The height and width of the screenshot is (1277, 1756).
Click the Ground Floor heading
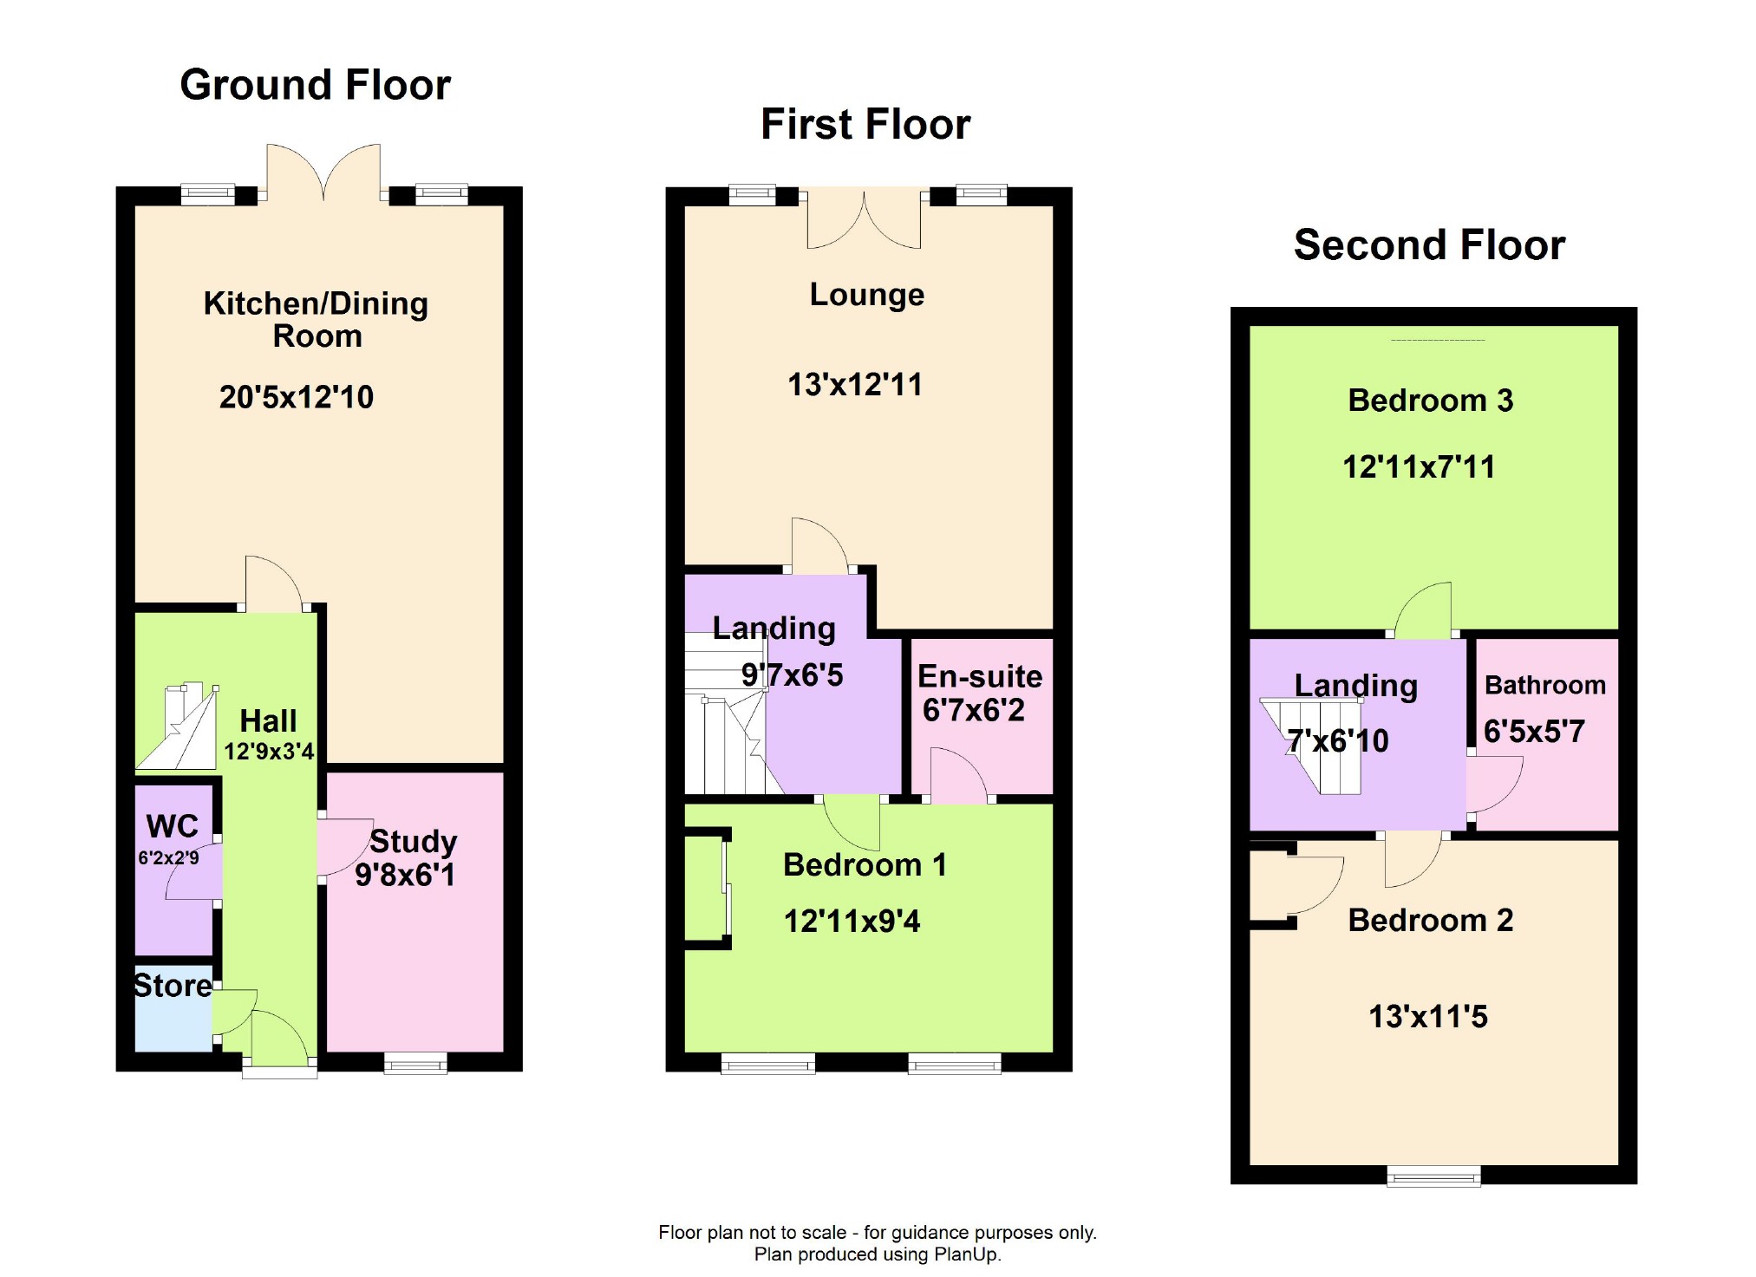[x=315, y=85]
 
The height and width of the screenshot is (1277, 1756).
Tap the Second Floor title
[x=1429, y=245]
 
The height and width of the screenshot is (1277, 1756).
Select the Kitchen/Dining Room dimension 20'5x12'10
[x=296, y=397]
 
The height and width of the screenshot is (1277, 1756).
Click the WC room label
[x=172, y=826]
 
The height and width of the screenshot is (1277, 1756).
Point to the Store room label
[x=173, y=986]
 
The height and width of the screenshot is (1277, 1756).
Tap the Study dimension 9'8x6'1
[x=405, y=875]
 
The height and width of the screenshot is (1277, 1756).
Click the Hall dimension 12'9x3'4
[x=269, y=751]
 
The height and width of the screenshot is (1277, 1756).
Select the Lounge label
[x=866, y=295]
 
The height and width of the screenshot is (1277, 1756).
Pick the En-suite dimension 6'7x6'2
[x=973, y=710]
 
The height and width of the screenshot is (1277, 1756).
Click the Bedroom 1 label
[x=865, y=864]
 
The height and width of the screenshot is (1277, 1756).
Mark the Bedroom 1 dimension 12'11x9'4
[x=852, y=921]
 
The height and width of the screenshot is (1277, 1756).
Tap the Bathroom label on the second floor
[x=1544, y=685]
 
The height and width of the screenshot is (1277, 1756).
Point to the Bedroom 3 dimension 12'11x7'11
[x=1419, y=467]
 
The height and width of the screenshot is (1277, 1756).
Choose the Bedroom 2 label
[x=1430, y=920]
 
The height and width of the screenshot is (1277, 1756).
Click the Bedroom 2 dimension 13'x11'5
[x=1427, y=1016]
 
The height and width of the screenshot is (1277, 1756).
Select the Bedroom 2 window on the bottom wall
[x=1433, y=1176]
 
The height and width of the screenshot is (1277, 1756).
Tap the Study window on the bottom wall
[x=415, y=1063]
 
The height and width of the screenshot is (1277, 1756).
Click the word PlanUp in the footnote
[x=964, y=1254]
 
